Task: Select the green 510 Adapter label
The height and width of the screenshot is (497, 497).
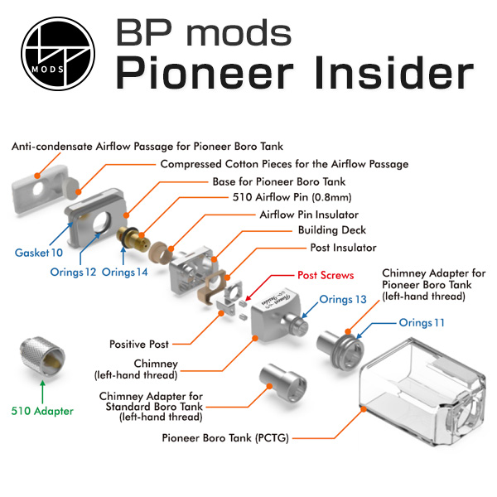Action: [x=42, y=410]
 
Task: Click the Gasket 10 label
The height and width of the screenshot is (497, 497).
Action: [x=38, y=251]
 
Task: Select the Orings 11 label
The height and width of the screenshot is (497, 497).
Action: [x=428, y=322]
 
